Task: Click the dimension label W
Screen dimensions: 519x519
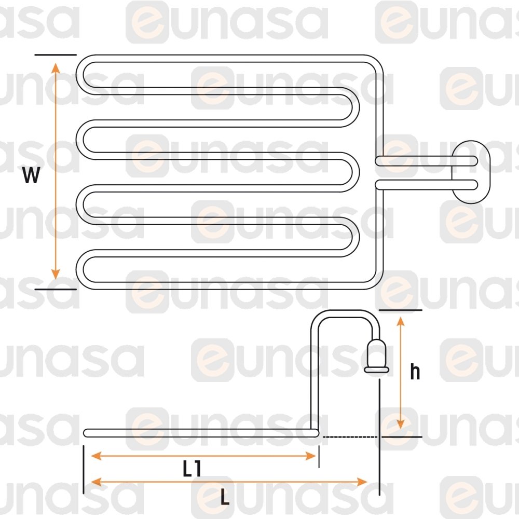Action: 31,176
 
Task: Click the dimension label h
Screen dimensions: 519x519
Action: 415,372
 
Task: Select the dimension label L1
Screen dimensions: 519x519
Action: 192,469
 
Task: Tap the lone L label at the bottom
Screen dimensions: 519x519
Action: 225,498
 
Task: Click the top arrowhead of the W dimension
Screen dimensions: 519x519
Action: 56,67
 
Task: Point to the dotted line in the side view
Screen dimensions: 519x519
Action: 350,437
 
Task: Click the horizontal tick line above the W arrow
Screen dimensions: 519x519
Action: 56,54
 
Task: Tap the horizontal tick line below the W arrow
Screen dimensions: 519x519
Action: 56,289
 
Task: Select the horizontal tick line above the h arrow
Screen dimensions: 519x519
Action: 401,310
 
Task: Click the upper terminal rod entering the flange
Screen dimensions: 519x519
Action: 426,161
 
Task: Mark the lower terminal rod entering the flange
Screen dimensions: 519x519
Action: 426,184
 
